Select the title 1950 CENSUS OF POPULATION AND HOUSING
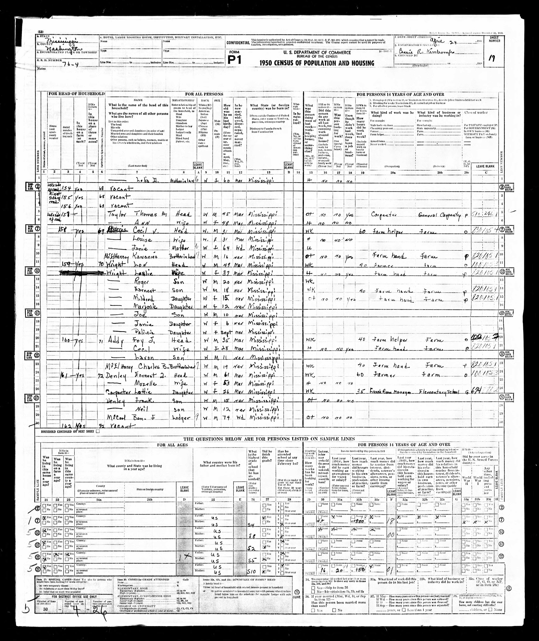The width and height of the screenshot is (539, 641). pyautogui.click(x=317, y=63)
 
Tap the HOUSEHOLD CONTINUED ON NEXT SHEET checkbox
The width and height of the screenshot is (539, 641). pyautogui.click(x=97, y=432)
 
